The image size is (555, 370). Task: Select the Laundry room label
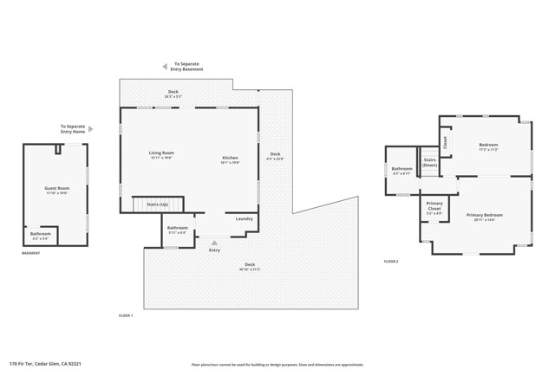pos(245,218)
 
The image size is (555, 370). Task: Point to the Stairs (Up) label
pos(158,204)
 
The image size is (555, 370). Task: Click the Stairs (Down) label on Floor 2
pos(429,162)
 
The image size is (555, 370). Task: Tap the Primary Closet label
pos(434,206)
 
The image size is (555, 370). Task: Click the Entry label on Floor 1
pos(214,250)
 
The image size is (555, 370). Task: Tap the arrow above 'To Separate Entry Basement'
pos(165,66)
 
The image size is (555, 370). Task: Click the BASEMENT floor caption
pos(31,253)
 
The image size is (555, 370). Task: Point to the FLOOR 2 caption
pos(391,261)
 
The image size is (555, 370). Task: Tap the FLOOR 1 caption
pos(126,315)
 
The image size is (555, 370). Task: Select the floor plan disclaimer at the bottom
pos(277,364)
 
